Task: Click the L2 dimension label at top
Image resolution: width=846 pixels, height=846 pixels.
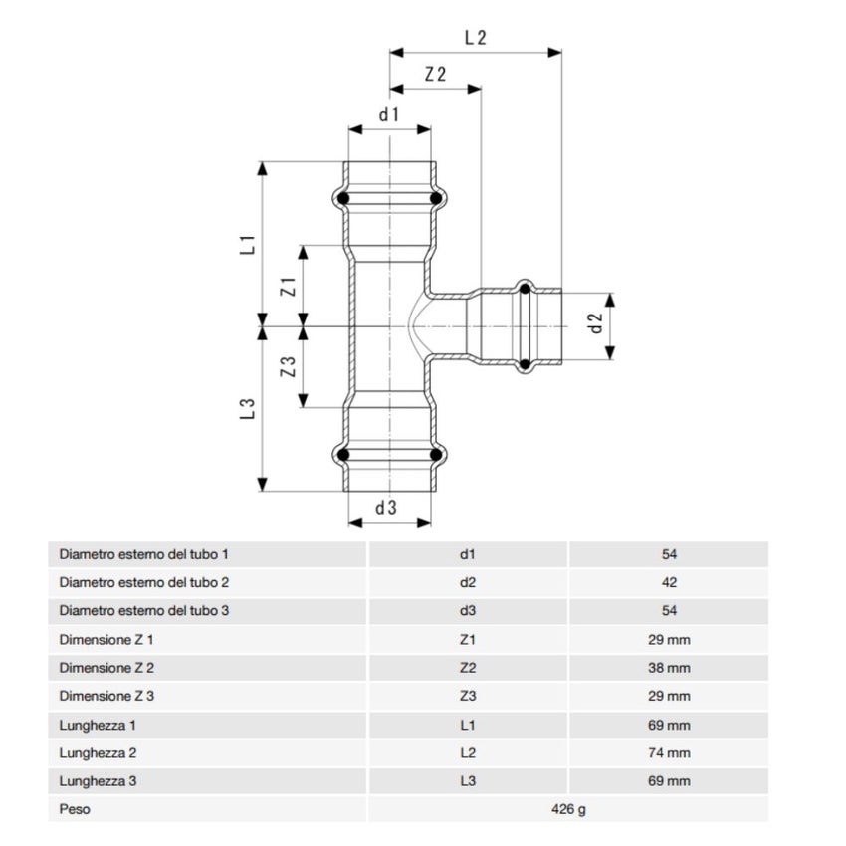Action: click(x=475, y=38)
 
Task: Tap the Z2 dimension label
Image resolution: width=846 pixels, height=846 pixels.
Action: click(x=435, y=75)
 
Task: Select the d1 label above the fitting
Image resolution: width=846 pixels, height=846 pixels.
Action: click(x=388, y=114)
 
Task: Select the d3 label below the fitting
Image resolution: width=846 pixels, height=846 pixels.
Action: click(x=386, y=507)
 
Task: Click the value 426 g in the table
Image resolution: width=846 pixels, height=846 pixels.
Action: click(x=568, y=809)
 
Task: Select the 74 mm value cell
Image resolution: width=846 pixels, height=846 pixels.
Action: click(x=669, y=753)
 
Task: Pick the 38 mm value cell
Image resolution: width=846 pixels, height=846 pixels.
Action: click(x=669, y=668)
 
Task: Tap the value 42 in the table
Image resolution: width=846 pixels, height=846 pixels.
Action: click(x=669, y=582)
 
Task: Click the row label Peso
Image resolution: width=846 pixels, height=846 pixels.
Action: click(x=75, y=809)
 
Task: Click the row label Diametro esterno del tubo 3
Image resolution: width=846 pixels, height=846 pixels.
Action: click(x=145, y=610)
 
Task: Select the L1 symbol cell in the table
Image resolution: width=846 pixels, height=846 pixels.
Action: click(x=468, y=725)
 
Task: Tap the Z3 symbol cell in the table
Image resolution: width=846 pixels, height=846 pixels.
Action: click(x=468, y=696)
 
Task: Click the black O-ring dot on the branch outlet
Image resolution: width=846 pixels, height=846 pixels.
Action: click(x=525, y=290)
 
